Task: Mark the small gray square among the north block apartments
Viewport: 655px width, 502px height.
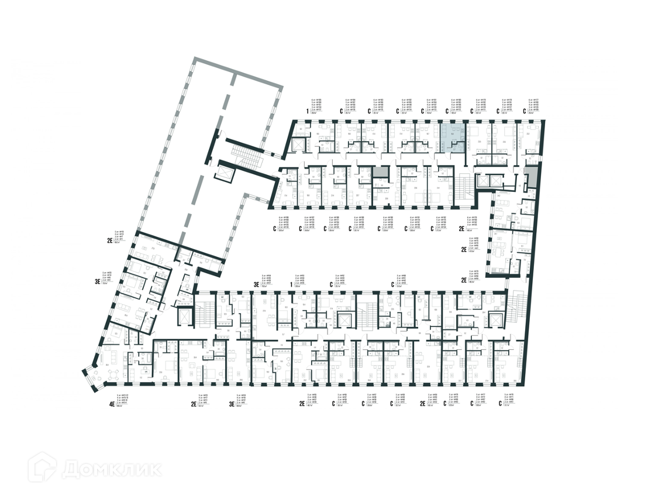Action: (381, 172)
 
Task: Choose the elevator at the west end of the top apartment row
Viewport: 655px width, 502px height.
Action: (297, 145)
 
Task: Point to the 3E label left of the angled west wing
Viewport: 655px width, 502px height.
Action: (98, 281)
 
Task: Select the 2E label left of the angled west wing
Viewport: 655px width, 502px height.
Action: (109, 240)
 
